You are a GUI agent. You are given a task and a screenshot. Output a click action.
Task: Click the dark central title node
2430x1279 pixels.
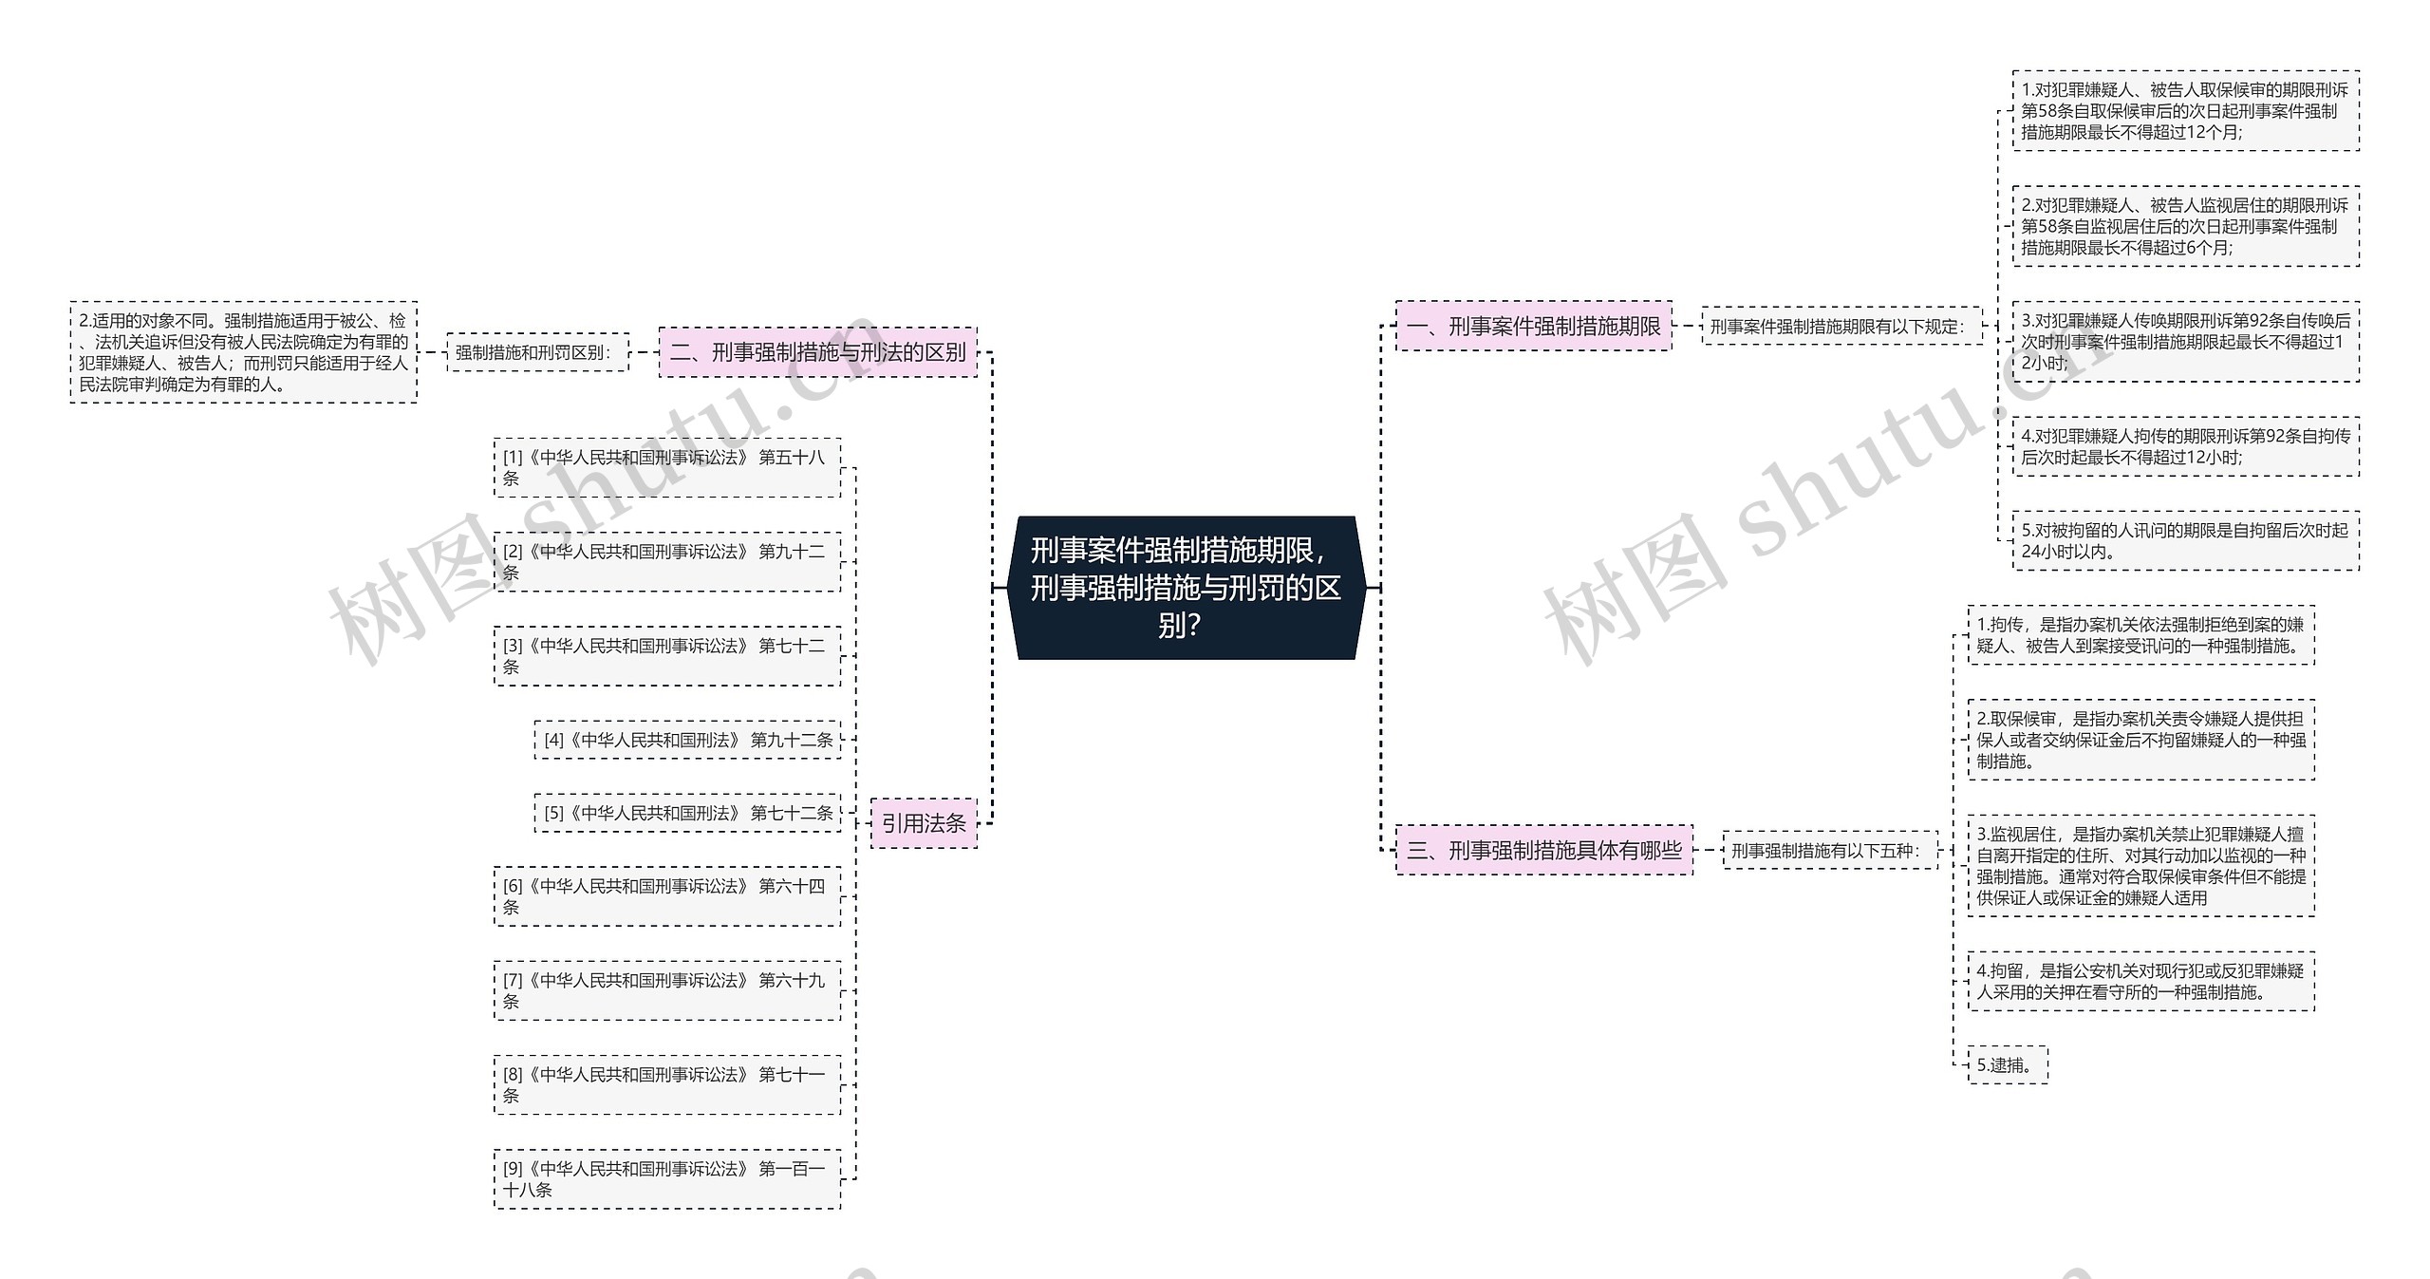(x=1186, y=588)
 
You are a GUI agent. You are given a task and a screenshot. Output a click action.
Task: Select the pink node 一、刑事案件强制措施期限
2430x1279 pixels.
(x=1533, y=327)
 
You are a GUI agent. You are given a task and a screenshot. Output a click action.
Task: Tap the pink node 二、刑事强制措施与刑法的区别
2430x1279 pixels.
(x=817, y=352)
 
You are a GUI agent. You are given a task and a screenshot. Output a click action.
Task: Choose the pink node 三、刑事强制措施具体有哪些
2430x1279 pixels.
(x=1543, y=850)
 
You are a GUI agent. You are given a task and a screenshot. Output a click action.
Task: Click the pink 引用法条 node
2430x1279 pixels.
(x=923, y=823)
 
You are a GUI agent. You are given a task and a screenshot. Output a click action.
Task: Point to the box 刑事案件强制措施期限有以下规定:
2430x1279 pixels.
(x=1841, y=327)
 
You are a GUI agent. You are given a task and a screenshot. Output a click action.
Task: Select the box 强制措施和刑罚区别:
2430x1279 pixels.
(x=537, y=352)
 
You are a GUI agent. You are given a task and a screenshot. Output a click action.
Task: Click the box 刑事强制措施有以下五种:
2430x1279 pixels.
(x=1829, y=851)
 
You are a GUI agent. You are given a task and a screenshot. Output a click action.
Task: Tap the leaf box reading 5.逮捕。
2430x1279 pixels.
(x=2008, y=1065)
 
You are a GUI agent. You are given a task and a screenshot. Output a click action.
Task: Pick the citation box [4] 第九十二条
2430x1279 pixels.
(x=687, y=740)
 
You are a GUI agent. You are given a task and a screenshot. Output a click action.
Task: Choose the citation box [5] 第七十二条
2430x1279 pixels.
(x=687, y=814)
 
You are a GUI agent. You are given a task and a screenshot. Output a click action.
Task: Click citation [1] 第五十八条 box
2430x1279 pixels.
(x=666, y=467)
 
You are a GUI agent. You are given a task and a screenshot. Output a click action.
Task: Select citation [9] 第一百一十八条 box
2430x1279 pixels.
(x=666, y=1179)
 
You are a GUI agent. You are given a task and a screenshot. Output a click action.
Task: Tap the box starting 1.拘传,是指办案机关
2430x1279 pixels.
(x=2140, y=635)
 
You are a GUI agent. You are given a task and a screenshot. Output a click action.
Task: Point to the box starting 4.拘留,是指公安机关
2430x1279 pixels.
(x=2140, y=982)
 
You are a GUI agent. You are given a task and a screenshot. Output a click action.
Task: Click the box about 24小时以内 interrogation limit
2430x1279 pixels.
(x=2185, y=541)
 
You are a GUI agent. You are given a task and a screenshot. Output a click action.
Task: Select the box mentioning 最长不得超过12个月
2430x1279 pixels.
(x=2185, y=111)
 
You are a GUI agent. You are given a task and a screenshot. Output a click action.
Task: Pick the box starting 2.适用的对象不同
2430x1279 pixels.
(x=243, y=352)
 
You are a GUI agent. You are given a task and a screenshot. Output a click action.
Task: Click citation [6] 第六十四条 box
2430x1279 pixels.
(x=666, y=896)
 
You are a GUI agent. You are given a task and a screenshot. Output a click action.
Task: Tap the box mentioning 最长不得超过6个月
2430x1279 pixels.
(x=2185, y=227)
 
